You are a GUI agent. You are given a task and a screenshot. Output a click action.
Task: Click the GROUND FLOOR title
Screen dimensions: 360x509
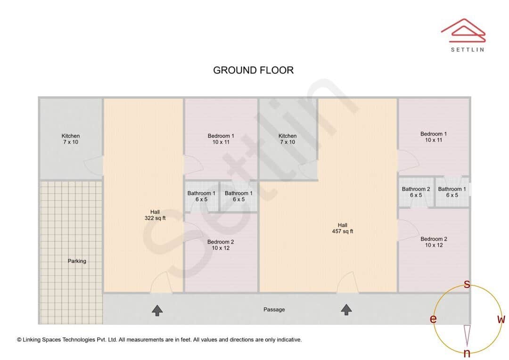[x=253, y=70]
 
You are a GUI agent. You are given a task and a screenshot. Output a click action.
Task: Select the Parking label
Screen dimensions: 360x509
[x=77, y=261]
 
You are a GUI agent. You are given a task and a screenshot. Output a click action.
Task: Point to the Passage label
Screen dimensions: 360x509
[x=274, y=310]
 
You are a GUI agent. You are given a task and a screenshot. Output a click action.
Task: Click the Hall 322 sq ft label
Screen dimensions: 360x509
[x=155, y=215]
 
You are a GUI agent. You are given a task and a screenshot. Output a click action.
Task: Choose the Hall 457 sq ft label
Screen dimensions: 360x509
[x=342, y=228]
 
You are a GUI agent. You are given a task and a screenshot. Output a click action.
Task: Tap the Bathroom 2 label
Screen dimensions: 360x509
[x=416, y=192]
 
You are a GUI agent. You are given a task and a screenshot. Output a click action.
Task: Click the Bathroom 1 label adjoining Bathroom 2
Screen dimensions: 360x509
[x=452, y=192]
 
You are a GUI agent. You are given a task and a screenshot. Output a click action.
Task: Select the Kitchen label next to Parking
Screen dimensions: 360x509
[x=71, y=139]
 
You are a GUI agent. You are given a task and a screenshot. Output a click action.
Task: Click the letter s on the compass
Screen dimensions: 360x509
[x=467, y=284]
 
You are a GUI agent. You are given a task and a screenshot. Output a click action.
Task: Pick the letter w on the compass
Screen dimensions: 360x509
[x=501, y=319]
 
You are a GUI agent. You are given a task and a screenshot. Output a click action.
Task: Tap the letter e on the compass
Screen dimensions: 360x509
[x=433, y=319]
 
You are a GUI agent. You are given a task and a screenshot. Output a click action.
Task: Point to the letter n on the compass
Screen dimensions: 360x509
[x=467, y=353]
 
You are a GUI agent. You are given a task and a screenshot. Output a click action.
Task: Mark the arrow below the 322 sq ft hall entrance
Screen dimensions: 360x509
[x=157, y=310]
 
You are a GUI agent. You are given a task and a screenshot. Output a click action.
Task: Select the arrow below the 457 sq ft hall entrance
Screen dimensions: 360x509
[x=346, y=310]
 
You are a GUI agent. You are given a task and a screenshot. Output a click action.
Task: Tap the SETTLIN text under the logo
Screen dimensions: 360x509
[x=467, y=49]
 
